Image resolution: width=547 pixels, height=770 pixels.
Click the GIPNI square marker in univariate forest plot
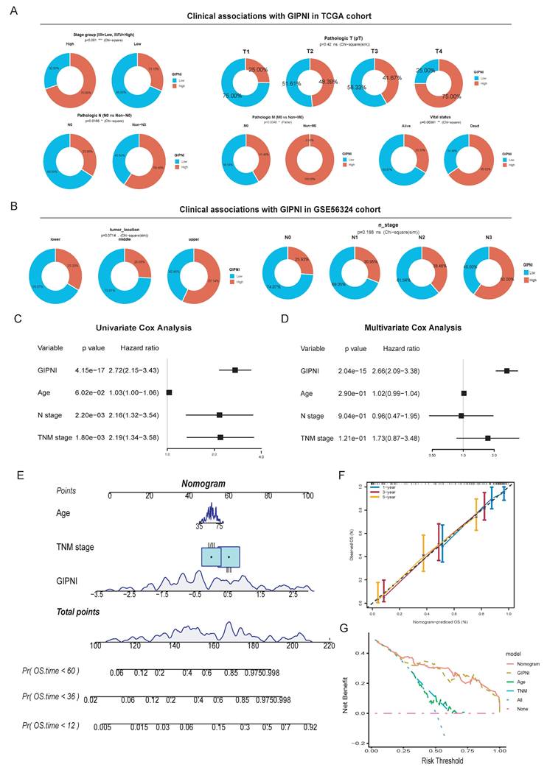(x=235, y=370)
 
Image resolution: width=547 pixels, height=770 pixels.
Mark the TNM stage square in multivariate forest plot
(x=487, y=438)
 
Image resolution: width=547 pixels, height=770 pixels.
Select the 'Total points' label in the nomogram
(x=79, y=612)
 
